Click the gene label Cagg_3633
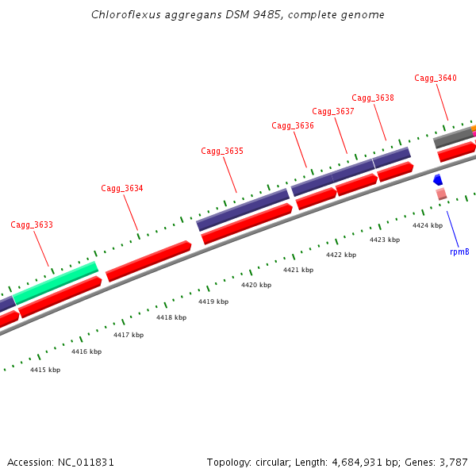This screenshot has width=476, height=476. tap(32, 225)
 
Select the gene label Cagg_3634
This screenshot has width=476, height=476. tap(122, 189)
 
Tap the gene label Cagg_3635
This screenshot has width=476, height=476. tap(222, 152)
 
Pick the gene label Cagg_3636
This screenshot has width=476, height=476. tap(293, 126)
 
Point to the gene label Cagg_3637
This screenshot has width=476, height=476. tap(333, 112)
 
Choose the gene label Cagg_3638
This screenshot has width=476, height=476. tap(373, 98)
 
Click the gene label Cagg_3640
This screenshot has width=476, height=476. tap(436, 79)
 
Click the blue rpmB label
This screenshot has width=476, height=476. tap(459, 251)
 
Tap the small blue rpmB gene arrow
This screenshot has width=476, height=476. tap(437, 181)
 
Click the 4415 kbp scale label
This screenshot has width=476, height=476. tap(45, 370)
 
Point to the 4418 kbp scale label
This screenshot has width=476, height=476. tap(171, 317)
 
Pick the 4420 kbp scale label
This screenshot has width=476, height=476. tap(256, 285)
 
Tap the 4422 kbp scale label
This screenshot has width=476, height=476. tap(341, 255)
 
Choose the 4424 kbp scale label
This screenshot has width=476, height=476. tap(428, 225)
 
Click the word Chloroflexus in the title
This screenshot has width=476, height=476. tap(121, 14)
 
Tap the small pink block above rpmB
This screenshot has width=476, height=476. tap(441, 194)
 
